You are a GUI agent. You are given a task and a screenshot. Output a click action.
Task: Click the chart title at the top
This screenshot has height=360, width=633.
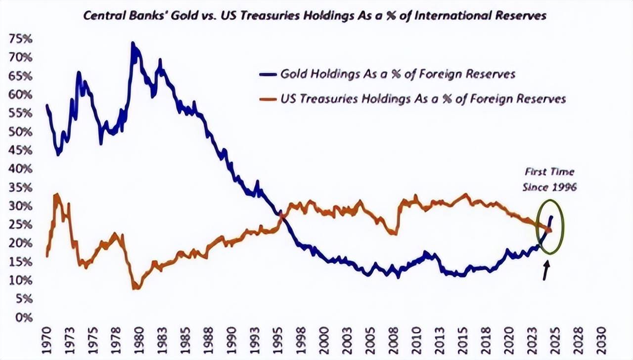tap(315, 15)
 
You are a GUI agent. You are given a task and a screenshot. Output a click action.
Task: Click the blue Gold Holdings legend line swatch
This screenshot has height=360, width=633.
tap(268, 75)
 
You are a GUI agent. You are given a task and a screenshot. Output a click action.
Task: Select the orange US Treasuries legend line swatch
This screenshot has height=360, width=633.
tap(268, 99)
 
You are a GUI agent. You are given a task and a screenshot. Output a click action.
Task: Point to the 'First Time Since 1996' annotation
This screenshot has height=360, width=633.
tap(549, 180)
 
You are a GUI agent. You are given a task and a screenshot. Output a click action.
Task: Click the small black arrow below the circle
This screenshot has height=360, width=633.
tap(546, 270)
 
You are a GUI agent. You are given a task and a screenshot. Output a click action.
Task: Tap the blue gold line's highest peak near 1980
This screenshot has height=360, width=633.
tap(133, 44)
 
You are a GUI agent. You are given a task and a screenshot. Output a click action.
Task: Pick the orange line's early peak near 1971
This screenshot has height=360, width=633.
tap(57, 195)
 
